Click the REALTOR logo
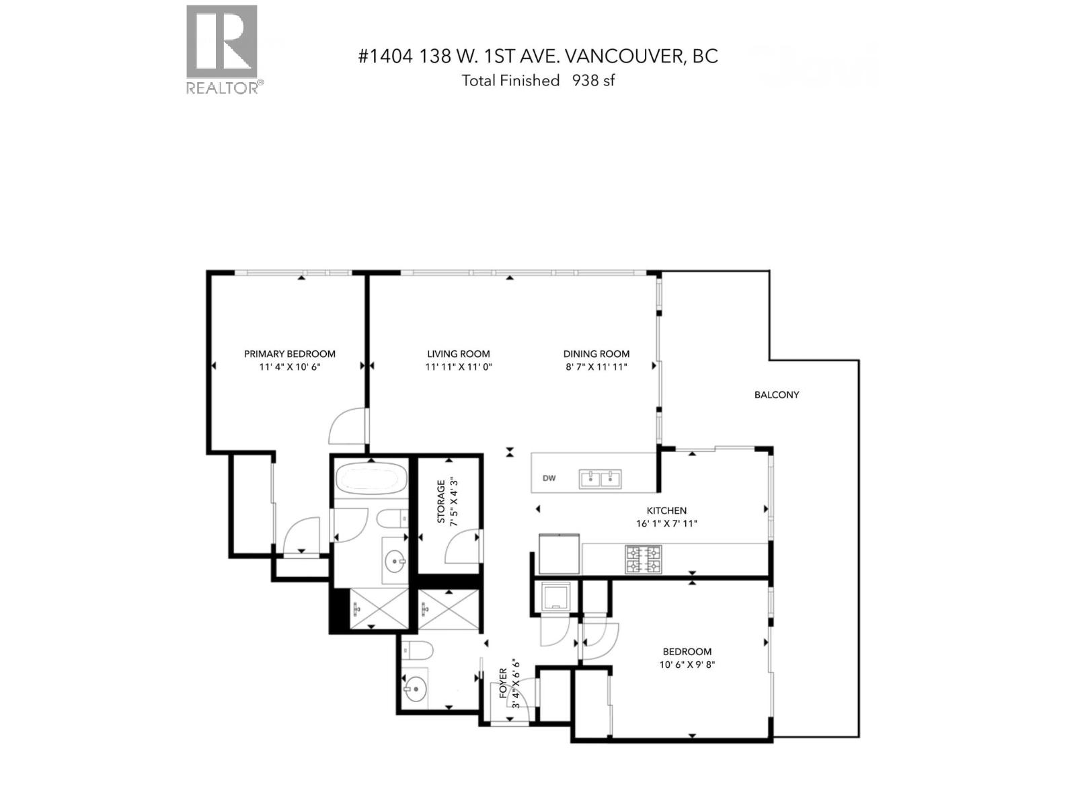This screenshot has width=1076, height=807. click(221, 48)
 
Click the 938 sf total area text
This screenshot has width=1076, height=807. click(593, 81)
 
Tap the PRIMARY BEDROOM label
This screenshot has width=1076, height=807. click(289, 354)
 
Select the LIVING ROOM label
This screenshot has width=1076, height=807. click(459, 354)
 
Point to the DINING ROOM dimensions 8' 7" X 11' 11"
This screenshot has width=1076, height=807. click(596, 367)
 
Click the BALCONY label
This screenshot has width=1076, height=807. click(776, 395)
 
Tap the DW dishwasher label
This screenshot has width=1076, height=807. click(549, 479)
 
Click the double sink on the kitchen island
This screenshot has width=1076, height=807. click(601, 479)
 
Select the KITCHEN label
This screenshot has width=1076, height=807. click(666, 510)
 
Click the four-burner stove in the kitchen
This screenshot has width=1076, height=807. click(644, 560)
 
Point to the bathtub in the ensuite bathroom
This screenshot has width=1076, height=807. click(371, 478)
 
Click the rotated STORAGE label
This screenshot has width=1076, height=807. click(441, 501)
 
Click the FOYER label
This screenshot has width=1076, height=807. click(503, 683)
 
